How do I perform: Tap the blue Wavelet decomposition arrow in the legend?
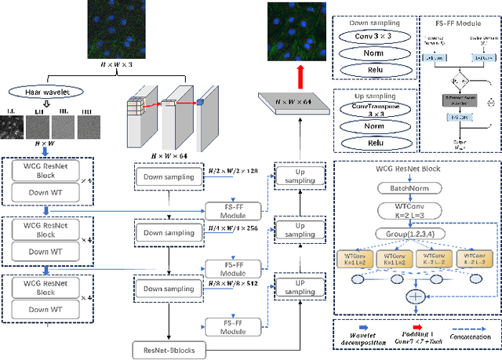coord(363,327)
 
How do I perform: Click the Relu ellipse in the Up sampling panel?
coord(373,144)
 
